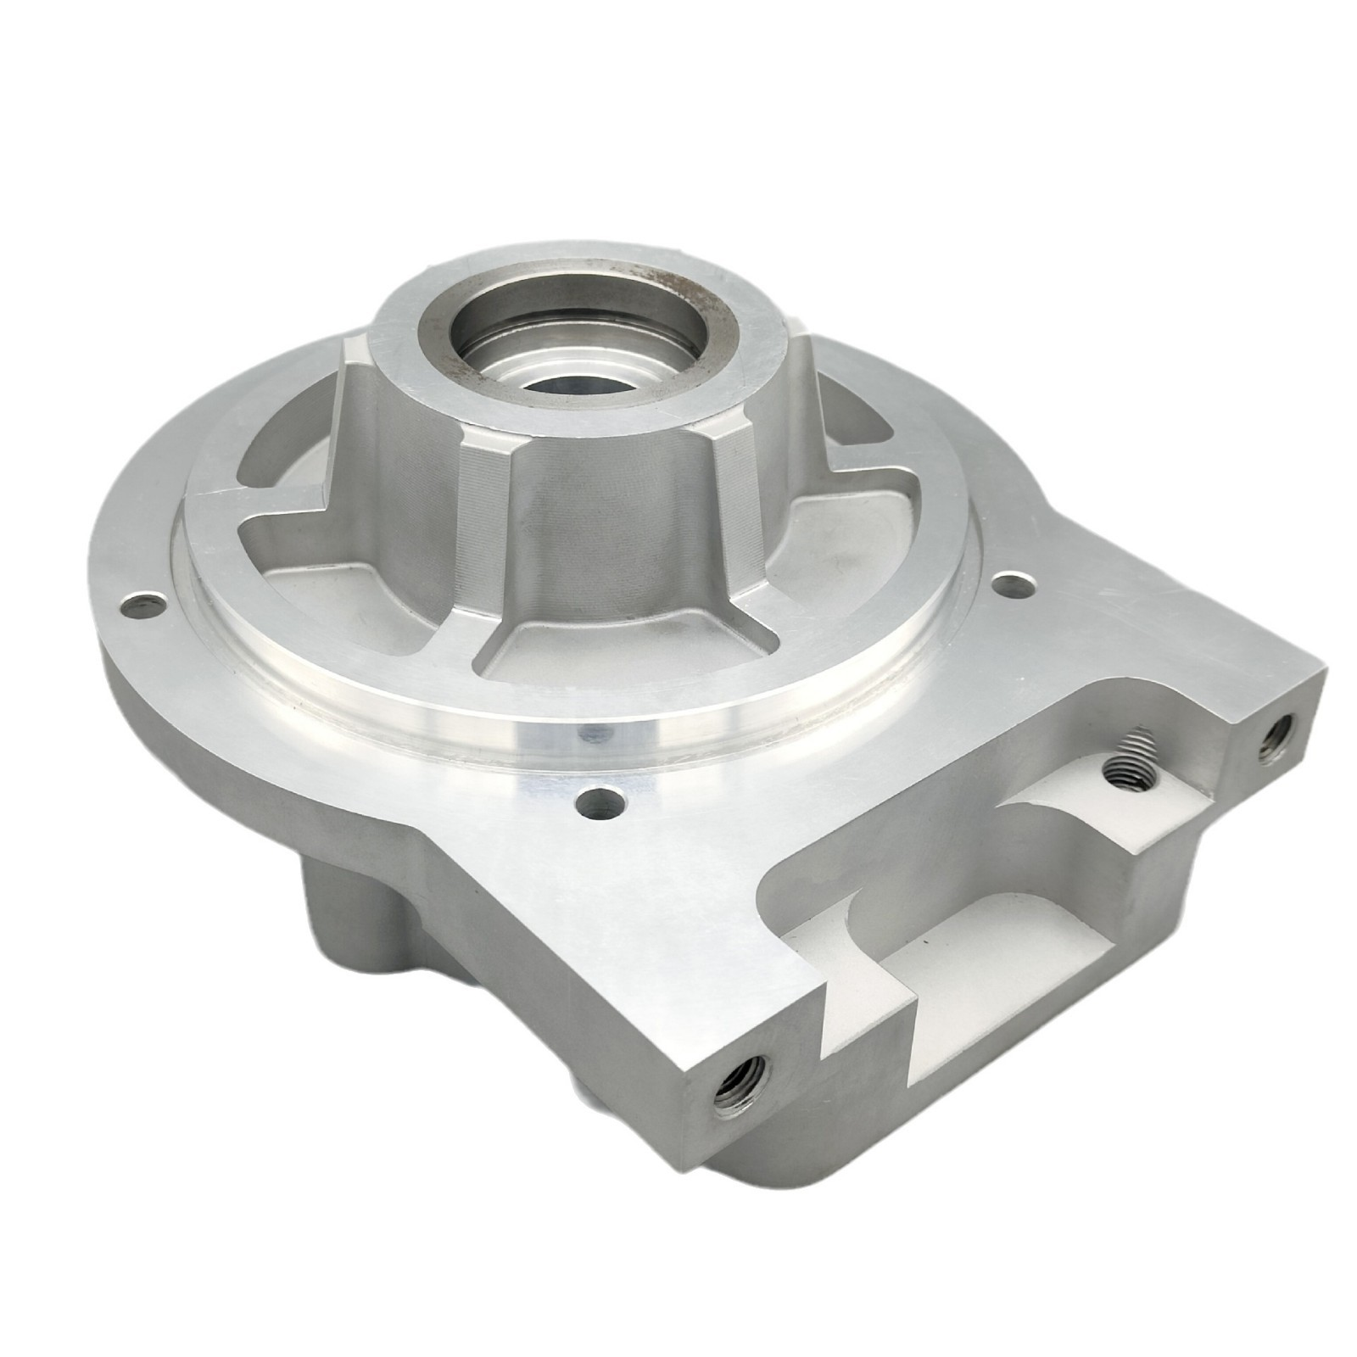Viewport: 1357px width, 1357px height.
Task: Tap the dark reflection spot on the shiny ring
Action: tap(585, 732)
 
